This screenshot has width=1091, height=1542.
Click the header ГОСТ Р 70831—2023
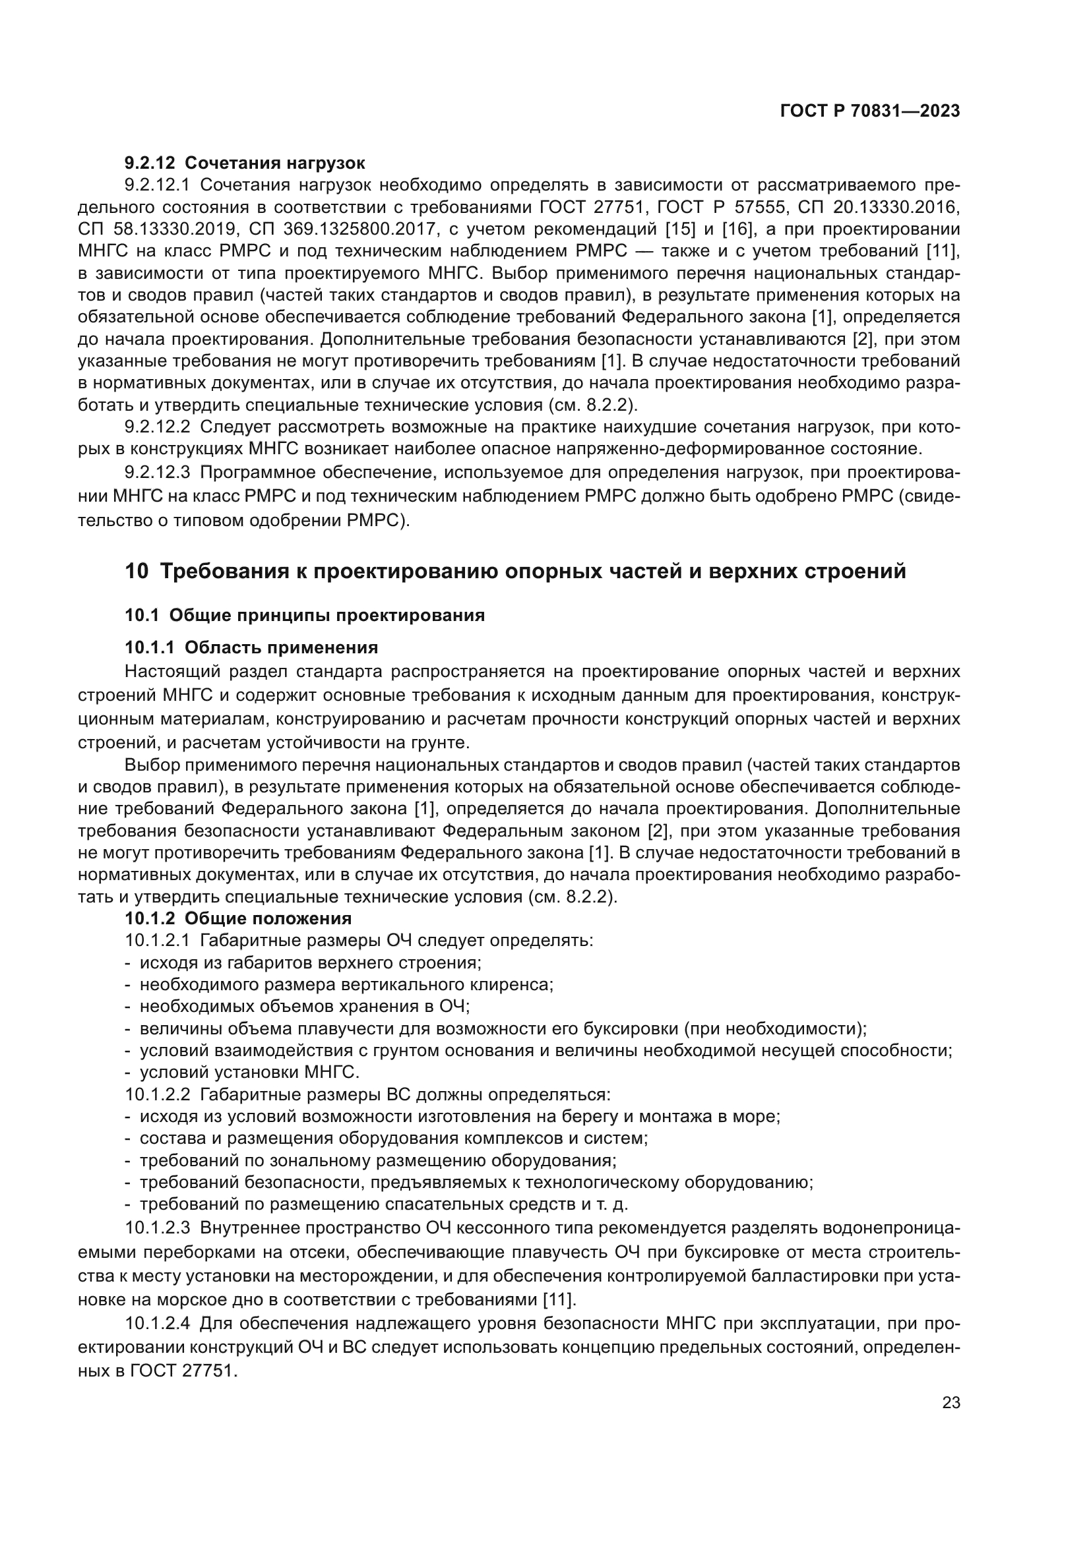tap(869, 111)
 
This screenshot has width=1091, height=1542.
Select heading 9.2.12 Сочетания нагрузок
tap(245, 163)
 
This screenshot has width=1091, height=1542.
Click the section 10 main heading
tap(515, 571)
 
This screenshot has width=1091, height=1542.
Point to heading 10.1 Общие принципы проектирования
tap(304, 615)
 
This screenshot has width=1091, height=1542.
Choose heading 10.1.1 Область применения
tap(251, 647)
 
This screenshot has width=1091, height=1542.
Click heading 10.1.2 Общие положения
tap(238, 918)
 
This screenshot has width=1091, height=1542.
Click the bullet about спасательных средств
tap(383, 1204)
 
